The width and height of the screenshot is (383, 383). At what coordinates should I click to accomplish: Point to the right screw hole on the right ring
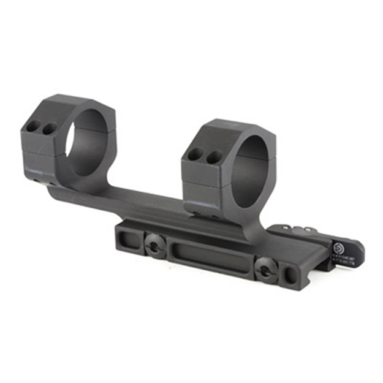[212, 157]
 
